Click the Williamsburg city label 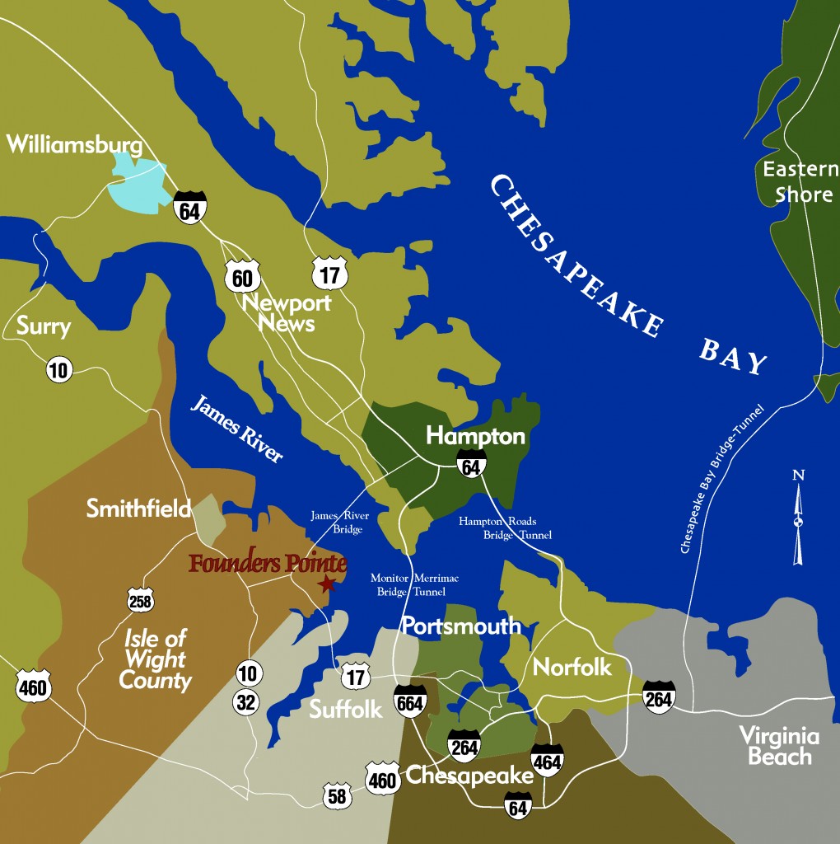(74, 145)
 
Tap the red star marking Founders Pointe (327, 584)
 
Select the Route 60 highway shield (242, 278)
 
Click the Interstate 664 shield (410, 701)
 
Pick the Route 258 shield (140, 601)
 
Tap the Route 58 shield (337, 796)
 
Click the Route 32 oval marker (247, 702)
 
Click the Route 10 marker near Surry (58, 370)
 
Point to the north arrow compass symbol (797, 519)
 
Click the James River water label (236, 429)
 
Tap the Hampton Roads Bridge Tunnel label (504, 528)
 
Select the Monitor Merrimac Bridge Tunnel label (414, 585)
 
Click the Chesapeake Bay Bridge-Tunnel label (724, 479)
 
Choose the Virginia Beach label (779, 746)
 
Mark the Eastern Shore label (799, 182)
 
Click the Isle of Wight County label (156, 659)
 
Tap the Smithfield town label (138, 509)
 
